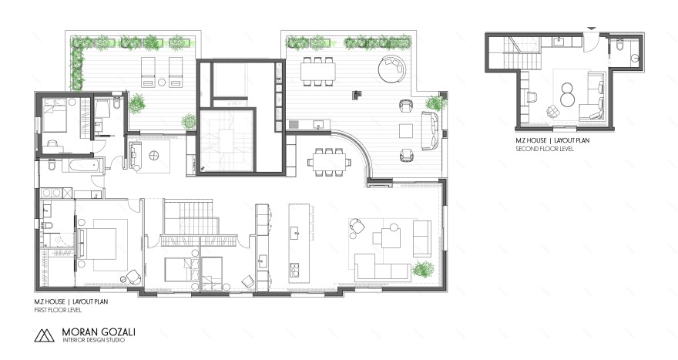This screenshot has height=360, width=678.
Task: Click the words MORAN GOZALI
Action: [x=99, y=332]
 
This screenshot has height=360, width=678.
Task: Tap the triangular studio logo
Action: [x=44, y=335]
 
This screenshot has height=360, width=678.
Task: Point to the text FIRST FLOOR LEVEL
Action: [x=58, y=310]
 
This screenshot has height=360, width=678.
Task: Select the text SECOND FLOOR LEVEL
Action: [x=545, y=149]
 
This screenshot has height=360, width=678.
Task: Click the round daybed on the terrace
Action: [x=392, y=69]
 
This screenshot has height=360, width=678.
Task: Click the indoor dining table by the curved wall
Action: [x=329, y=162]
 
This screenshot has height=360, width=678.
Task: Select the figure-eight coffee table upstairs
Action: [x=567, y=95]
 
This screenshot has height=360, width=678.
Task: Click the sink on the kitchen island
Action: [x=297, y=232]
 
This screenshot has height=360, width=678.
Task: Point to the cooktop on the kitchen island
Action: [x=295, y=270]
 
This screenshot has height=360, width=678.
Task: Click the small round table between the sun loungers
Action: [x=162, y=82]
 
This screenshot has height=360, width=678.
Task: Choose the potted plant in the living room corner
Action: [x=423, y=269]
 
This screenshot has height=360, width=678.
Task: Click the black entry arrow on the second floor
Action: [x=591, y=29]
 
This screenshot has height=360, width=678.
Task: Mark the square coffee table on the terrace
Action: [x=406, y=131]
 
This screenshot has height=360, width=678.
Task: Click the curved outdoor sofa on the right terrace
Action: [x=430, y=131]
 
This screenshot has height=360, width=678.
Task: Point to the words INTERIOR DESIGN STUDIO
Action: [x=94, y=340]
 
